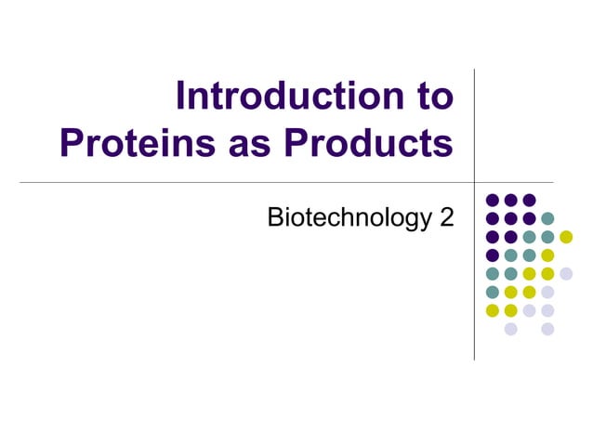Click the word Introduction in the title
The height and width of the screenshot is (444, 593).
(x=289, y=98)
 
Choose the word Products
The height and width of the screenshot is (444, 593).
(x=369, y=143)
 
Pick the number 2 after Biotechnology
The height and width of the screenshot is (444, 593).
(x=445, y=218)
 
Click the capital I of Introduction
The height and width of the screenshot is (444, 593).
(x=181, y=98)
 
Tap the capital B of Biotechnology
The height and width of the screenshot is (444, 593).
(x=274, y=218)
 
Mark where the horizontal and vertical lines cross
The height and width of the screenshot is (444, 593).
(x=474, y=182)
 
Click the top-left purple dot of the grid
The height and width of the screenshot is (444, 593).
(x=493, y=200)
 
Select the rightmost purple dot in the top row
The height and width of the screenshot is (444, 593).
(x=529, y=200)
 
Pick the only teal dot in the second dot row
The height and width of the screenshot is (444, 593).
(x=547, y=218)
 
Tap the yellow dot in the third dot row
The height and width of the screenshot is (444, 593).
(x=565, y=237)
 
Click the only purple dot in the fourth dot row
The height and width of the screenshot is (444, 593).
(x=493, y=255)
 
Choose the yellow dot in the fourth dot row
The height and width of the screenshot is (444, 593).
(x=547, y=255)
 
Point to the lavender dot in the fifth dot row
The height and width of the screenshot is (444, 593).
(x=565, y=273)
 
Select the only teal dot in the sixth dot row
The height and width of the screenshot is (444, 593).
(x=493, y=292)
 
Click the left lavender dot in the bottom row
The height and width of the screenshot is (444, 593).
(x=510, y=328)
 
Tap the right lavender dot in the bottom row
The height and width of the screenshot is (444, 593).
(x=547, y=328)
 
